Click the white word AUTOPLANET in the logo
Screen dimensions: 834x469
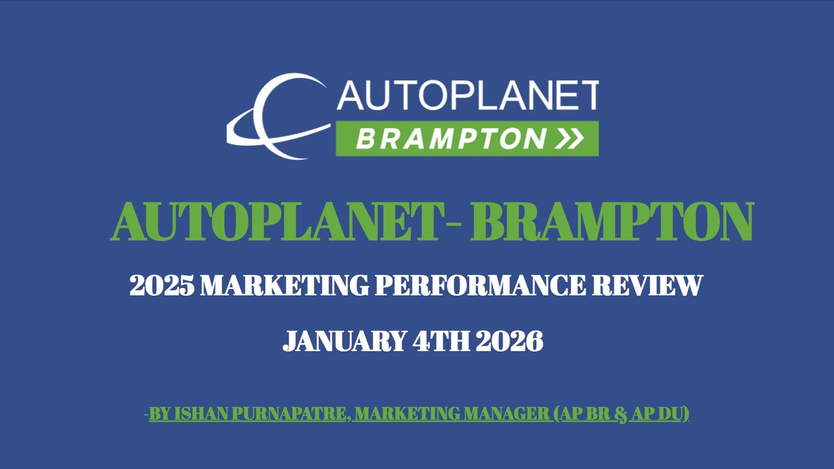(468, 95)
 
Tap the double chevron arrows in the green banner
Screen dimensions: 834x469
(569, 139)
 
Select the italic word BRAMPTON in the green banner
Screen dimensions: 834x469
(451, 139)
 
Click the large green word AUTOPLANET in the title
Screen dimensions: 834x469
(277, 222)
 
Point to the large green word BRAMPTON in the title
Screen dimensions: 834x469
(612, 222)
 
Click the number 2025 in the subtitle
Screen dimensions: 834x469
(162, 285)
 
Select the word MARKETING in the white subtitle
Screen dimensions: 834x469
(285, 285)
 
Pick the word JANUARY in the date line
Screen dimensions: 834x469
(344, 341)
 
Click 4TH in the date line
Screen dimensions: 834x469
(441, 341)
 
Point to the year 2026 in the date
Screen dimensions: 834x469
(510, 341)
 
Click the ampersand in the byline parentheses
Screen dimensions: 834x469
(620, 415)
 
